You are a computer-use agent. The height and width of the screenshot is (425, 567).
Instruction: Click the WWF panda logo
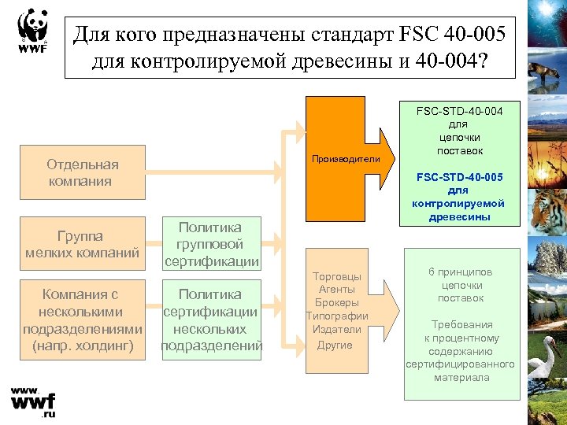[31, 31]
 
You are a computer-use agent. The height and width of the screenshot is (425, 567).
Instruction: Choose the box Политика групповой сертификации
[212, 243]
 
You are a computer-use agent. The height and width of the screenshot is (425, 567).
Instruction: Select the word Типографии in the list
[337, 316]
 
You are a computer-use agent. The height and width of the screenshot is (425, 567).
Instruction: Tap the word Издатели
[337, 329]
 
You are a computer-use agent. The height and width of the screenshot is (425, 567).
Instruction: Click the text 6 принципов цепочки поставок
[461, 285]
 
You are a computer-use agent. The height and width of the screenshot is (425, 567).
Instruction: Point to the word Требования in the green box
[461, 324]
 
